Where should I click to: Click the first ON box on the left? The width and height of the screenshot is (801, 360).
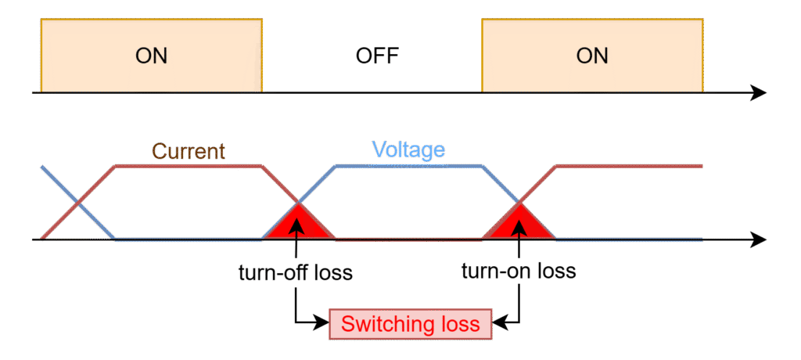point(151,56)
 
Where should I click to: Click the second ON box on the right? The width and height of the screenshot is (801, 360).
point(592,56)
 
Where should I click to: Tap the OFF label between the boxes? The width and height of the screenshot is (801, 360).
point(377,56)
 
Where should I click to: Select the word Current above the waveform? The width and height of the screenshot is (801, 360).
point(189,151)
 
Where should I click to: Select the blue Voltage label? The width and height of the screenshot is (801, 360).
point(408,149)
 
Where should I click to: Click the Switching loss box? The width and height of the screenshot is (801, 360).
point(411,323)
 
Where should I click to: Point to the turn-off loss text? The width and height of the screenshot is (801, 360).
point(296,273)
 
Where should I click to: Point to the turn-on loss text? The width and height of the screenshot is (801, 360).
point(519,271)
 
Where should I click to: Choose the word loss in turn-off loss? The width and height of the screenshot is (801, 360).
point(334,273)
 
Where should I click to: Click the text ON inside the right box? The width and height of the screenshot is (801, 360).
point(592,56)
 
